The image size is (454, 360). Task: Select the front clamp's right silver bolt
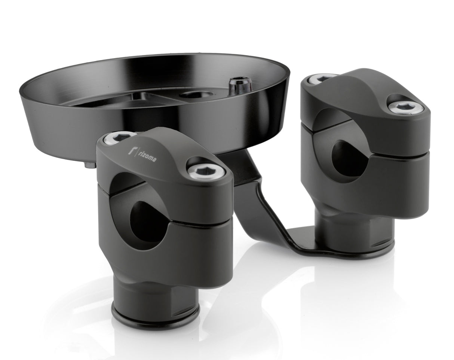[206, 172]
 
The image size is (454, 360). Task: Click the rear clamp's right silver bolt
[406, 107]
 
